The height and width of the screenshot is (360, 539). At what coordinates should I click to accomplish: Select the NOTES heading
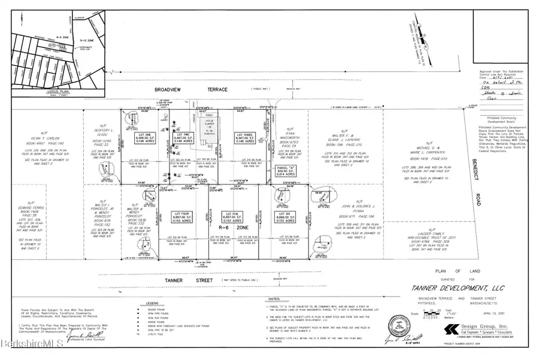pos(275,298)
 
